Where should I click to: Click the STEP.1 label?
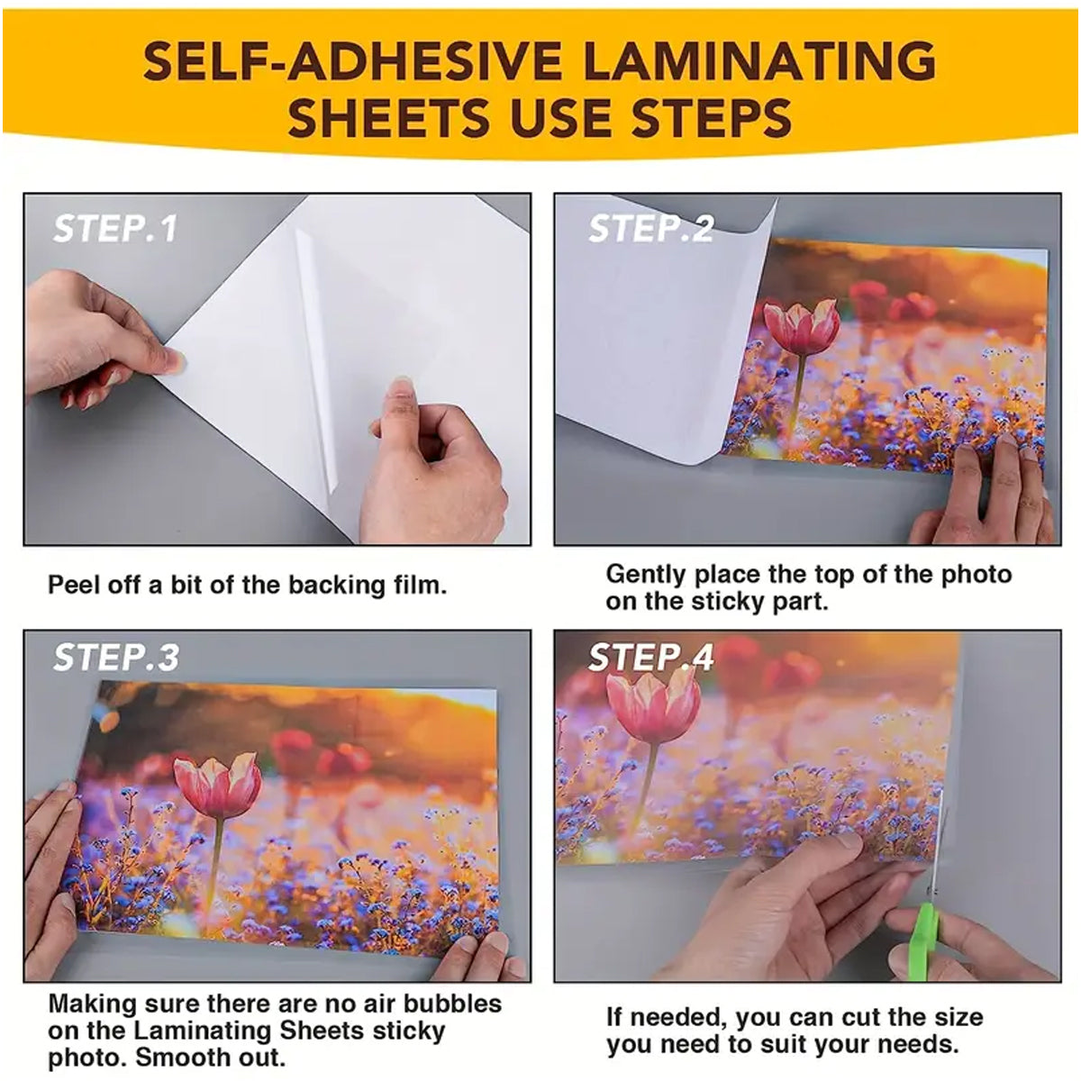coord(115,229)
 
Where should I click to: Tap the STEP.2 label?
coord(650,229)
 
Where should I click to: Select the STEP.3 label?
coord(116,658)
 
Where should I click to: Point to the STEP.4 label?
coord(650,658)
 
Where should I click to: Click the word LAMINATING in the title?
coord(759,61)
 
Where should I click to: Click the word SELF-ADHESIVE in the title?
coord(353,61)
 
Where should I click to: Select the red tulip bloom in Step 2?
coord(801,326)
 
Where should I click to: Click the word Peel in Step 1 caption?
coord(70,586)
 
